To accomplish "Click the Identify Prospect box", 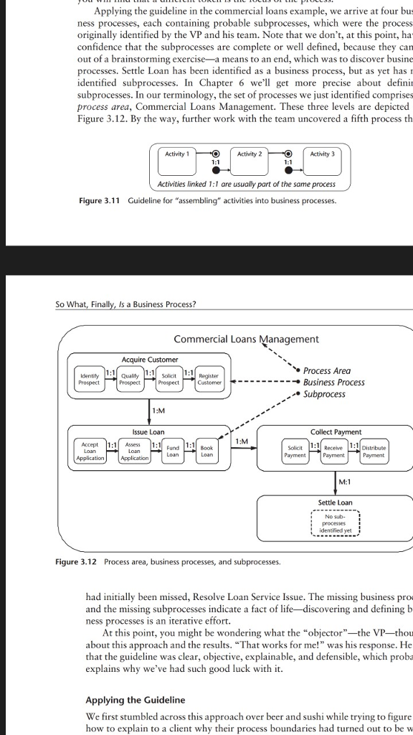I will point(90,379).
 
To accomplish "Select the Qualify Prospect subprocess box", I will point(130,379).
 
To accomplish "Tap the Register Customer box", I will point(209,379).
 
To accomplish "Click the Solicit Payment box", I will point(295,450).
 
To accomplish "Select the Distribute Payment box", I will point(373,450).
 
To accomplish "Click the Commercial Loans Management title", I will point(246,339).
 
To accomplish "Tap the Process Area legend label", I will point(327,370).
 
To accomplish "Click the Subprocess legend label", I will point(324,394).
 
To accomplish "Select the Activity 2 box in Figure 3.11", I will point(250,154).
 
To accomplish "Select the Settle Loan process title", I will point(335,502).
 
